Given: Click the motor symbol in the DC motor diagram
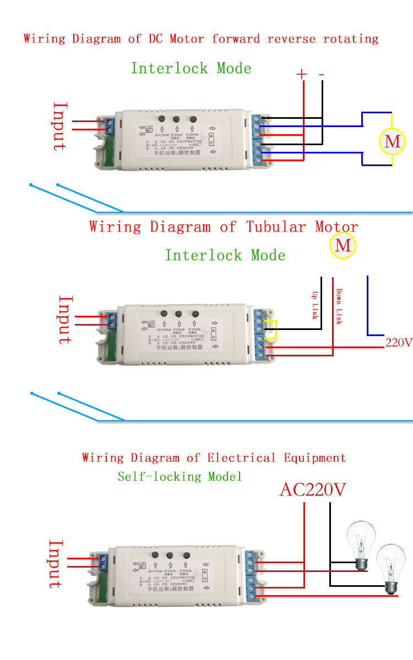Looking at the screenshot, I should coord(392,141).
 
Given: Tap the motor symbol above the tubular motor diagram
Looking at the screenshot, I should coord(343,245).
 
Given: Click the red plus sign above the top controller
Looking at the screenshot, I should coord(302,74).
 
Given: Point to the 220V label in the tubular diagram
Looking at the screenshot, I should coord(399,343).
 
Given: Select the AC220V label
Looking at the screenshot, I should coord(313,489).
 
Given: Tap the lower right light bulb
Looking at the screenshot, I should coord(391,569).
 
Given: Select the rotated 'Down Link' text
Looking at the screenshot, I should coord(339,306).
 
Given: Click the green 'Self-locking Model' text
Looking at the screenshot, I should coord(180,476).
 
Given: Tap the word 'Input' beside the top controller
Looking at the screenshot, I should coord(59,126).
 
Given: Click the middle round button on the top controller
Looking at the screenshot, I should coord(177,119).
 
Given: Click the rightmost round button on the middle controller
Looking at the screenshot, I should coord(195,314).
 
